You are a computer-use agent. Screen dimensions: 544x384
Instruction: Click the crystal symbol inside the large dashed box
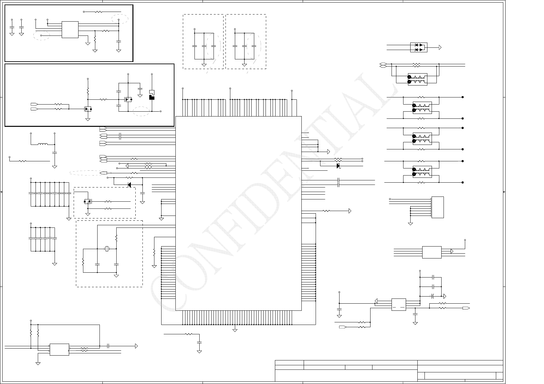pos(107,249)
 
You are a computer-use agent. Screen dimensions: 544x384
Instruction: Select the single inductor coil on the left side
pos(43,144)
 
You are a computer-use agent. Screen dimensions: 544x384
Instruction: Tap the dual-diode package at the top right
pos(418,47)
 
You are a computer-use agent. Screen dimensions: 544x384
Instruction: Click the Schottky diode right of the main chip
pos(338,166)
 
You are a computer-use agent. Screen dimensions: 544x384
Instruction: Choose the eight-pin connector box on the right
pos(437,207)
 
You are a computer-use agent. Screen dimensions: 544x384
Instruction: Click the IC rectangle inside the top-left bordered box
pos(70,30)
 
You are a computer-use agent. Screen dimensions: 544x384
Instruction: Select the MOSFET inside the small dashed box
pos(87,202)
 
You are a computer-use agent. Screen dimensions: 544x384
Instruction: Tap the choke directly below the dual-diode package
pos(418,79)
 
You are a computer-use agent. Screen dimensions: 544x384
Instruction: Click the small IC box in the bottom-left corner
pos(59,349)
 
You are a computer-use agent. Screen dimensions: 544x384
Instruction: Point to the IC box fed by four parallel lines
pos(432,252)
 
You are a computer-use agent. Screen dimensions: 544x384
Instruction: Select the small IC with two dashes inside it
pos(399,304)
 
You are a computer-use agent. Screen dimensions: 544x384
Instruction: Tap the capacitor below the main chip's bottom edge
pos(199,342)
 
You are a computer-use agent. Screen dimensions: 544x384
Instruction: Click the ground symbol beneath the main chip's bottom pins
pos(235,330)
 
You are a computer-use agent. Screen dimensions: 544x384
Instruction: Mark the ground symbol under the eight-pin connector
pos(411,223)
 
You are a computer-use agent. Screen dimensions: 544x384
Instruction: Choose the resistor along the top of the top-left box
pos(98,12)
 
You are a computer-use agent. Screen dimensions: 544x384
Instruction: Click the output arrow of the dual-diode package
pos(440,48)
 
